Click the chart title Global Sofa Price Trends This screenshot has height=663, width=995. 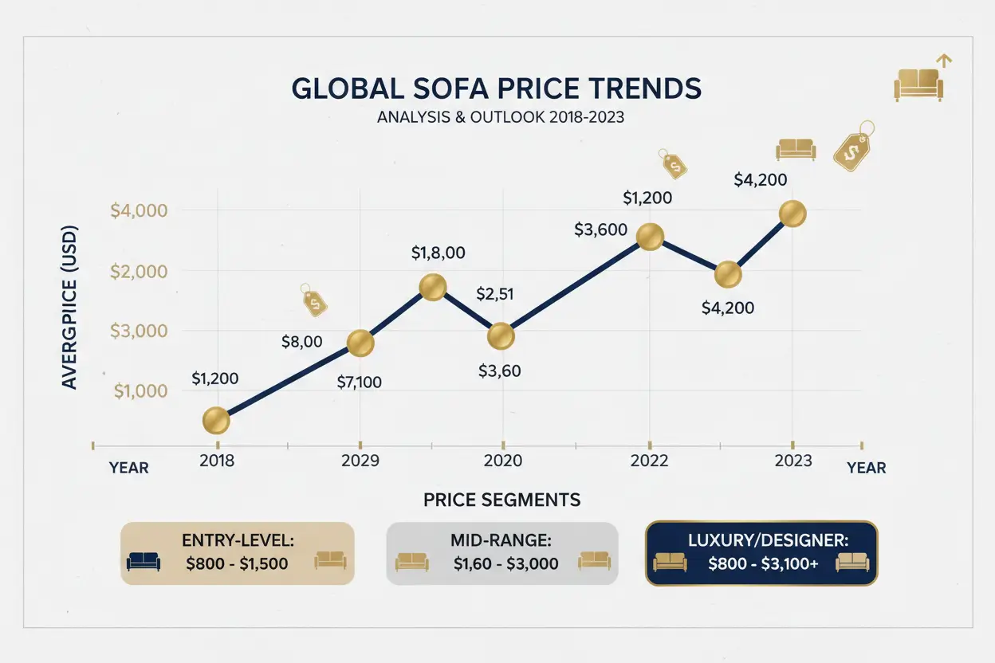pos(497,88)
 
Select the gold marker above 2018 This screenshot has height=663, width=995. pos(216,420)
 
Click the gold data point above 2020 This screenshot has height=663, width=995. pos(501,335)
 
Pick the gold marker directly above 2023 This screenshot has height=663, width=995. pos(792,214)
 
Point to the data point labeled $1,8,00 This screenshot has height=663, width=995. pos(432,287)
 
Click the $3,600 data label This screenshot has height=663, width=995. pos(600,229)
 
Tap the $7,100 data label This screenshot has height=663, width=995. pos(359,382)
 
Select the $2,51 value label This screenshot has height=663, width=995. pos(494,294)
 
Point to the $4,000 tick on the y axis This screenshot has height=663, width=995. pos(140,211)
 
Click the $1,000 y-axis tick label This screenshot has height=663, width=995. pos(141,390)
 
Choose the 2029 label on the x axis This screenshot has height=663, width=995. pos(360,461)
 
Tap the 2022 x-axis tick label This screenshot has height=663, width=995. pos(649,461)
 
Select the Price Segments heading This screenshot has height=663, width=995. pos(501,500)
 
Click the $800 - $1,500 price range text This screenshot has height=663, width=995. pos(237,563)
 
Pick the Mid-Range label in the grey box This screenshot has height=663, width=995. pos(501,540)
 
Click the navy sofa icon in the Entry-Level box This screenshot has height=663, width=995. pos(144,561)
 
